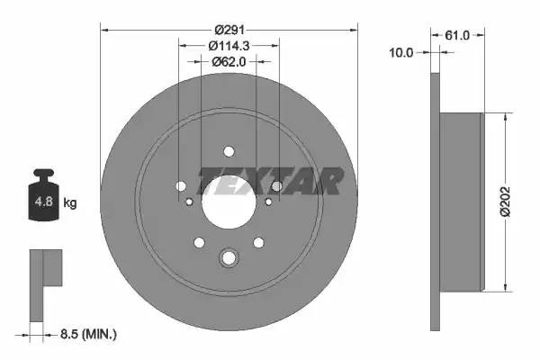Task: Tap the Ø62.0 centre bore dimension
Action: click(x=229, y=60)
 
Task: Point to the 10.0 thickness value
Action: click(x=401, y=53)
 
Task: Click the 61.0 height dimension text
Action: click(x=458, y=35)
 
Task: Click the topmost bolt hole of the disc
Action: click(x=229, y=150)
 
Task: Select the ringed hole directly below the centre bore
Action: click(x=229, y=259)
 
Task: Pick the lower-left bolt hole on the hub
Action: click(x=198, y=242)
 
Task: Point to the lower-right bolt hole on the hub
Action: click(x=259, y=242)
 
